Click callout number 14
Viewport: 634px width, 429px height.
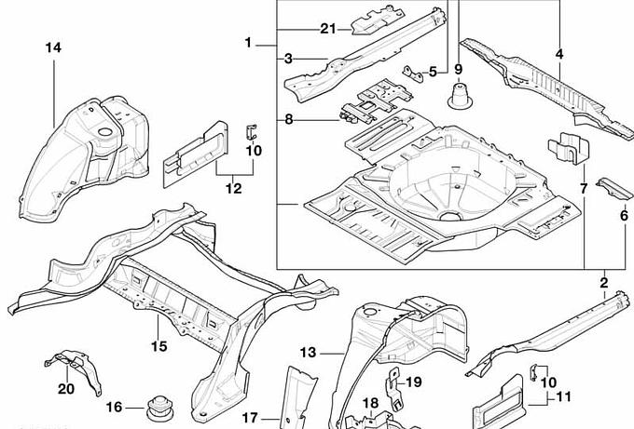(52, 47)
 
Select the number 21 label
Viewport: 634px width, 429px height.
(326, 29)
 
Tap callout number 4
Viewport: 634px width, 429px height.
(559, 54)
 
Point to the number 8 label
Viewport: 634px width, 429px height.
(289, 119)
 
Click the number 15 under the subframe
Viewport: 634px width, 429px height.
(158, 346)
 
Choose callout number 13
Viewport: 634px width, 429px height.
(310, 352)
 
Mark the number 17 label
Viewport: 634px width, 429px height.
(250, 418)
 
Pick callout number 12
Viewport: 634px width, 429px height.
(233, 189)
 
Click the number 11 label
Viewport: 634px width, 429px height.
(562, 397)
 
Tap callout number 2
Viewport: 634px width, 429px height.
(604, 282)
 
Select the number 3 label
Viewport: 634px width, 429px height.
(289, 58)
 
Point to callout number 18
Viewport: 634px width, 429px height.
(370, 403)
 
